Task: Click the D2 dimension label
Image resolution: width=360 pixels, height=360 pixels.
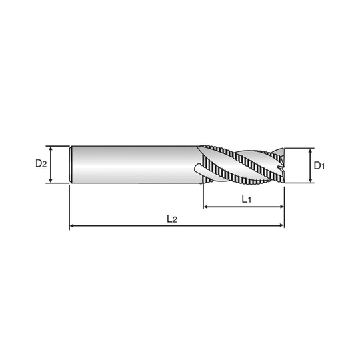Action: coord(41,163)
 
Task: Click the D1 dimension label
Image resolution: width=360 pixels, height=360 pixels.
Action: coord(319,165)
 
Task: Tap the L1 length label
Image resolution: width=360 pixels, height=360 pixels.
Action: coord(247,199)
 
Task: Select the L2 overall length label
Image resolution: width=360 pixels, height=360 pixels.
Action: coord(172,219)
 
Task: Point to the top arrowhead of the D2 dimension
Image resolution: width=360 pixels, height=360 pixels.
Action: coord(51,149)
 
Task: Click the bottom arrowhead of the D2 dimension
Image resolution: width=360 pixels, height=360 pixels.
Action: coord(51,180)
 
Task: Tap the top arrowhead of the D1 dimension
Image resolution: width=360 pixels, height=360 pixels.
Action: coord(311,151)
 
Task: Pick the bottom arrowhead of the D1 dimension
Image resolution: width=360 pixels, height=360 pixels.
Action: coord(311,180)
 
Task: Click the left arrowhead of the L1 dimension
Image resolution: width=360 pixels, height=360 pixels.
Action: coord(206,207)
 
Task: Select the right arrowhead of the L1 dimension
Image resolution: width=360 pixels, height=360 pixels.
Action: coord(281,207)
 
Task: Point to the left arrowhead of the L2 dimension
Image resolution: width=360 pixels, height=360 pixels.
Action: coord(72,226)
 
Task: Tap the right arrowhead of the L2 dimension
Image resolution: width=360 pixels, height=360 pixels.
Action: coord(281,226)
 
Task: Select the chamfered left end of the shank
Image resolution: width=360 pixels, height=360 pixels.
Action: coord(71,165)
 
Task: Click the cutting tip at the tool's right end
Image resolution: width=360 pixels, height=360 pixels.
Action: coord(281,165)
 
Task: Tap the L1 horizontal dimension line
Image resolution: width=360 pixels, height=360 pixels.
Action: coord(244,207)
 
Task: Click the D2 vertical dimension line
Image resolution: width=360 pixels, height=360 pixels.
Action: coord(51,165)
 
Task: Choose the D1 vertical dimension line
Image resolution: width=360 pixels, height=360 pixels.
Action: coord(311,166)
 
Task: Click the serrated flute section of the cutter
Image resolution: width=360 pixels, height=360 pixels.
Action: coord(241,165)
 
